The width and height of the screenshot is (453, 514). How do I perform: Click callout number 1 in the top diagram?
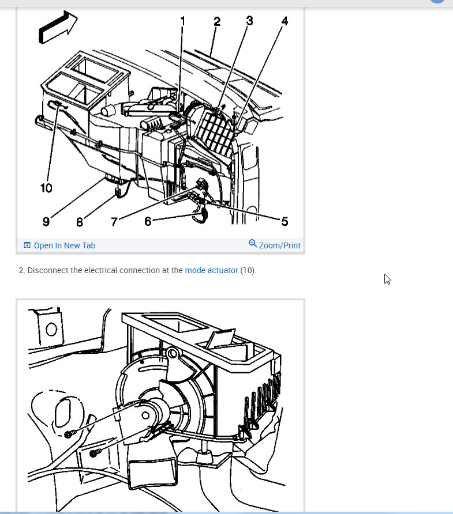point(182,21)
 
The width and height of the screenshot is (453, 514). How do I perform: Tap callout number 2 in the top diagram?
point(217,22)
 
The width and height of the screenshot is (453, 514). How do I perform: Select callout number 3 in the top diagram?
point(249,21)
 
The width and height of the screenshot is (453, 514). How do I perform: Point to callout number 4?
point(284,21)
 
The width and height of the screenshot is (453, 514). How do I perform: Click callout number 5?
point(284,222)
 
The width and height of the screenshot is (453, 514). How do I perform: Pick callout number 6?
point(148,222)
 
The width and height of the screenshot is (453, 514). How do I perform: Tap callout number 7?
point(114,222)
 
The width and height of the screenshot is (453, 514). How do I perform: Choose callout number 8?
point(80,222)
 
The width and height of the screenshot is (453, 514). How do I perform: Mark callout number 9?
point(46,222)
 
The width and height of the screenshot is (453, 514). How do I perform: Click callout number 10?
point(46,188)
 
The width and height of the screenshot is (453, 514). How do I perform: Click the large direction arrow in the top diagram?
point(58,27)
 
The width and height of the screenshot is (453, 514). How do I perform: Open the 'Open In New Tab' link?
point(59,245)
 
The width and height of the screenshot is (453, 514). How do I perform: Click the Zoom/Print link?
point(279,245)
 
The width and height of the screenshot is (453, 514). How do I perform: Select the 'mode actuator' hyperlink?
point(211,270)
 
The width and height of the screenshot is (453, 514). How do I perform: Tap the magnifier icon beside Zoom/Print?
point(253,244)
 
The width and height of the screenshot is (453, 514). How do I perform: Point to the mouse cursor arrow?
point(387,279)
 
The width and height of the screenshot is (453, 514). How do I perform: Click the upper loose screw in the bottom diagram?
point(69,434)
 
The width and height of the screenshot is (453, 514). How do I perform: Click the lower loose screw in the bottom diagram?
point(95,453)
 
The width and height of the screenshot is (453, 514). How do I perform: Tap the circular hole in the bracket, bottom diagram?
point(51,329)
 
